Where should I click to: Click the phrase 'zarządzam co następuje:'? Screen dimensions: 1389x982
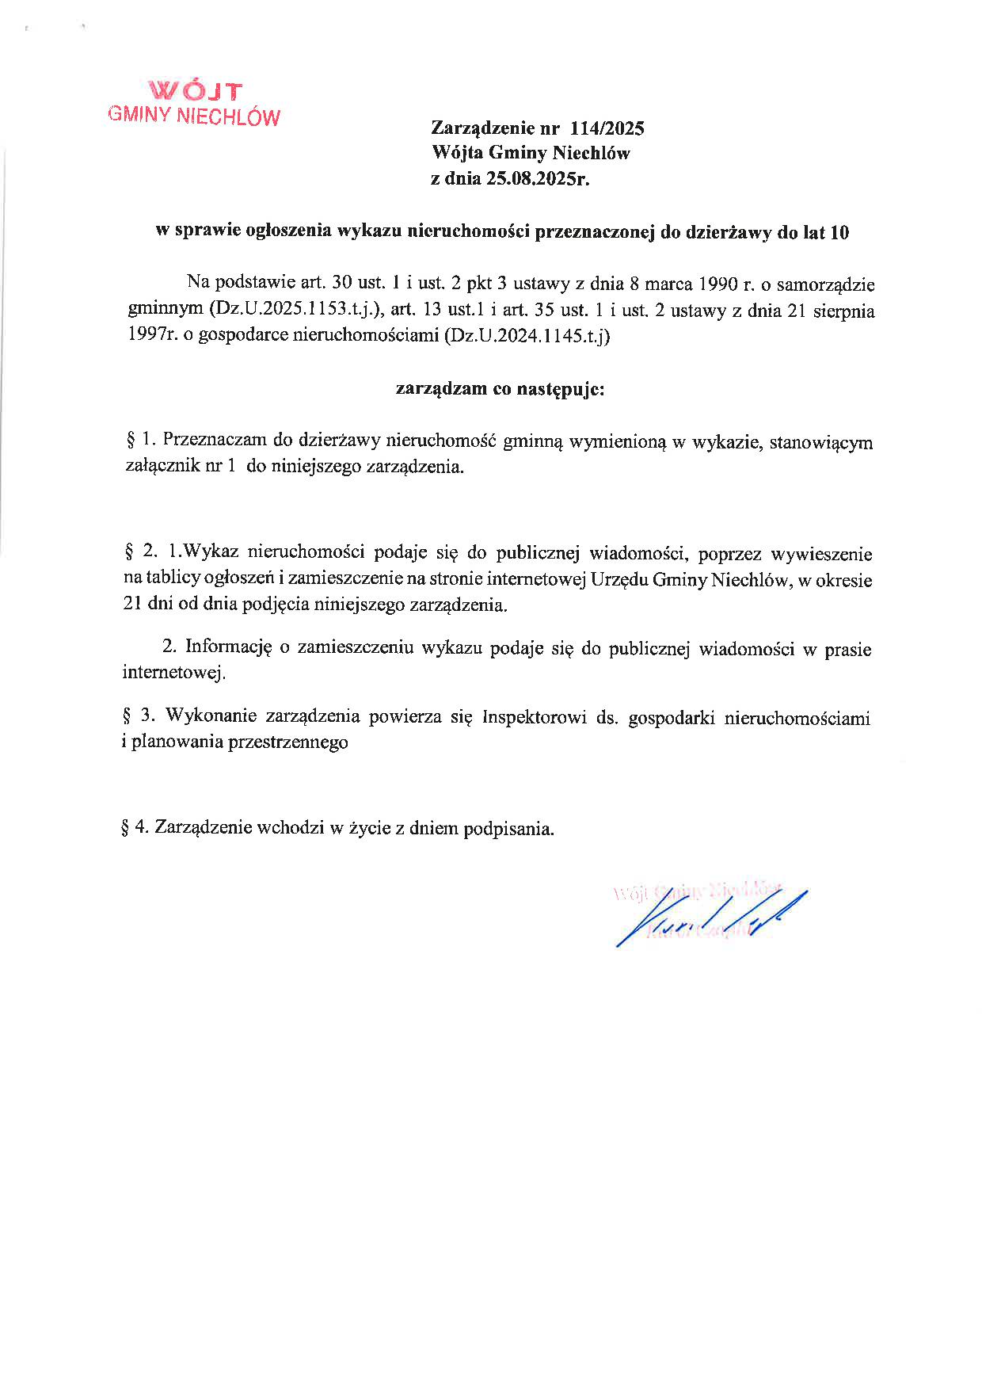tap(501, 390)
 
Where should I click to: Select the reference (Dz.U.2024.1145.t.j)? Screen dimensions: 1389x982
tap(527, 337)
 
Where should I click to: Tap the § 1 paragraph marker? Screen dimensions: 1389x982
tap(137, 441)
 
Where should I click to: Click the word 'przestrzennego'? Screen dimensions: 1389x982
tap(287, 742)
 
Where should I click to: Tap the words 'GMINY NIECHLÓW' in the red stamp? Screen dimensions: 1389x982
tap(194, 116)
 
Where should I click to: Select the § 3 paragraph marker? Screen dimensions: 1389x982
tap(137, 717)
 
